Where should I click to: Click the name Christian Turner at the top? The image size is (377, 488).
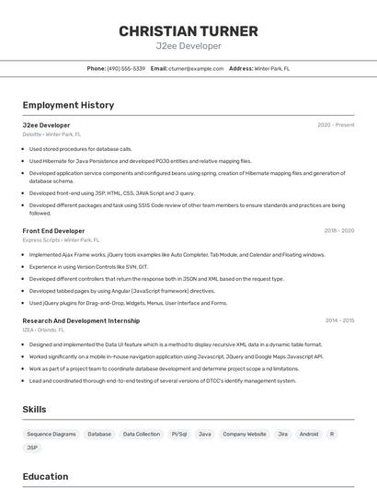click(x=188, y=31)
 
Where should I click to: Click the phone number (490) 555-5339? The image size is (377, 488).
click(x=126, y=68)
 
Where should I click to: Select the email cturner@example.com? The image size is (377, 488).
click(x=196, y=68)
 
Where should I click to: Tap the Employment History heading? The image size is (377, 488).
click(x=68, y=106)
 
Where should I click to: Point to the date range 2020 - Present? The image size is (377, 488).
click(x=336, y=125)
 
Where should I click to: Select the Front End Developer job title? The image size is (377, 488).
click(x=53, y=231)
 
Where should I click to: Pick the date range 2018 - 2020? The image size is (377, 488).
click(x=338, y=231)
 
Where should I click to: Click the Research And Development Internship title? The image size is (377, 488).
click(x=81, y=320)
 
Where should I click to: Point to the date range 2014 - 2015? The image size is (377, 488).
click(x=338, y=320)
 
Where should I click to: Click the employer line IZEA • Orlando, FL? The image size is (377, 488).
click(x=43, y=330)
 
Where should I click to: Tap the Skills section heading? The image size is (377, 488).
click(x=35, y=409)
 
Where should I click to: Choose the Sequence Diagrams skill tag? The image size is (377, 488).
click(x=51, y=434)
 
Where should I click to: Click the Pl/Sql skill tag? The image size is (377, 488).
click(x=178, y=434)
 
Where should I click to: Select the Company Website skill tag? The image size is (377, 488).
click(x=245, y=434)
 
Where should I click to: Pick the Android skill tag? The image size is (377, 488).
click(x=309, y=434)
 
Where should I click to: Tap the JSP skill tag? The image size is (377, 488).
click(x=33, y=447)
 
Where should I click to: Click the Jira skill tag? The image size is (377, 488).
click(x=282, y=434)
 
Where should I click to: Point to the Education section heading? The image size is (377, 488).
click(x=45, y=477)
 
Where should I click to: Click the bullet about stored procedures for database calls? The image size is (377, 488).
click(x=81, y=148)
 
